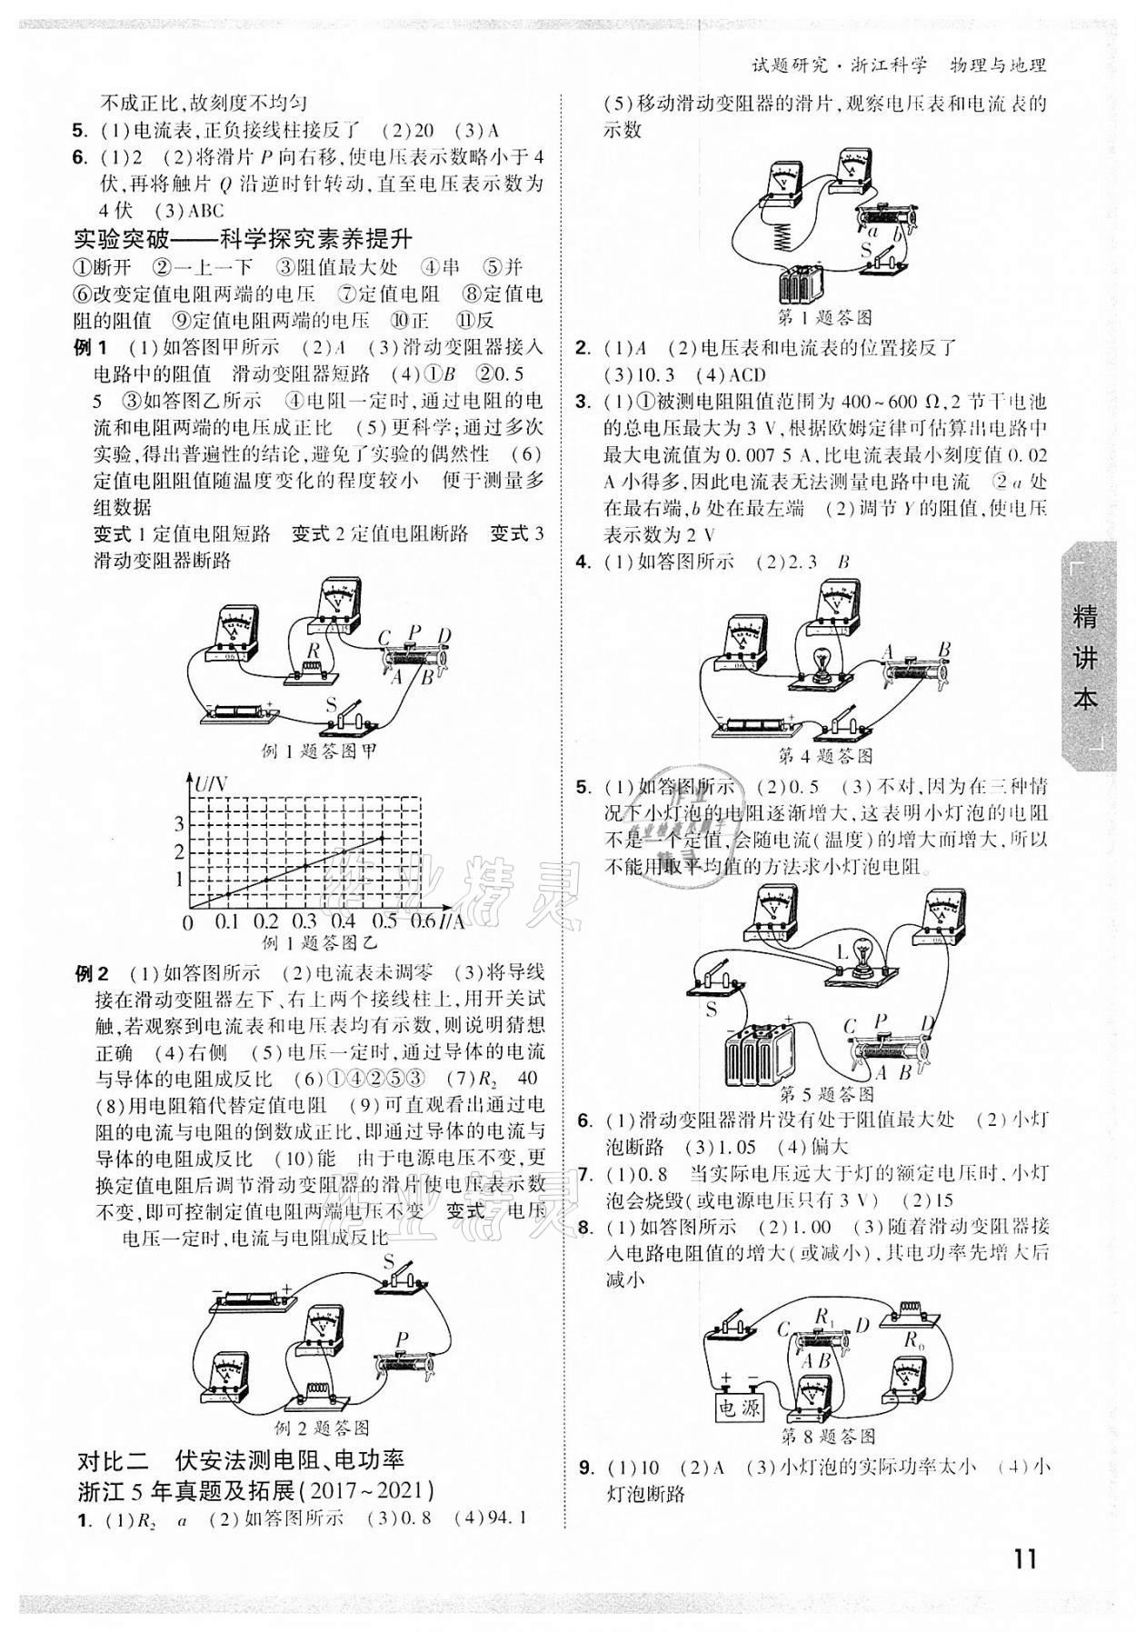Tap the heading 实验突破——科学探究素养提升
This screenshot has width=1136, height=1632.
(243, 240)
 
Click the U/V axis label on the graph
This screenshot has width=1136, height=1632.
(211, 782)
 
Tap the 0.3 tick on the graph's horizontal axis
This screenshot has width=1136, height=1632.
(304, 921)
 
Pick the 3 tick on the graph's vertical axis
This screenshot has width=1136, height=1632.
(179, 824)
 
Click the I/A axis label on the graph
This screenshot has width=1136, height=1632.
(451, 921)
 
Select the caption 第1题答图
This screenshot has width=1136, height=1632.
(825, 317)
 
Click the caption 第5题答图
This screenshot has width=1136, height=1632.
(827, 1094)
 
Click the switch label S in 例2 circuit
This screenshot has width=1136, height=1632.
(388, 1262)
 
